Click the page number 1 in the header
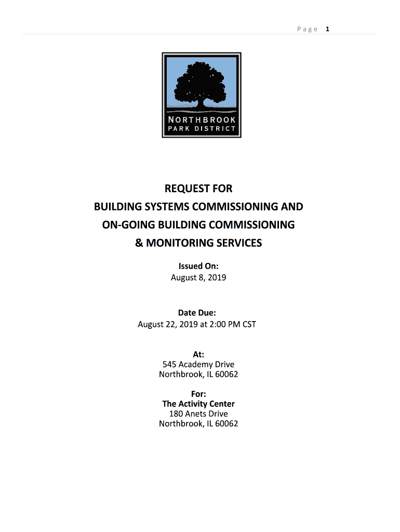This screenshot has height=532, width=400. click(328, 29)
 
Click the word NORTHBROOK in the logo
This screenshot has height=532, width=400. click(201, 119)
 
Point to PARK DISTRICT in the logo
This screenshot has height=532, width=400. click(201, 128)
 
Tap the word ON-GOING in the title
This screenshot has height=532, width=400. click(121, 224)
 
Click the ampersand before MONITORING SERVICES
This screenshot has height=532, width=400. click(139, 243)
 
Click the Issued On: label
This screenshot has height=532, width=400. click(198, 267)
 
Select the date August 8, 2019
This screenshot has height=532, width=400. click(198, 277)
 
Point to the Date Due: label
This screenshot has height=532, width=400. click(197, 313)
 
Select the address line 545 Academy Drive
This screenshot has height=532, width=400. click(198, 364)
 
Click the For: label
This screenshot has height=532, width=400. click(198, 394)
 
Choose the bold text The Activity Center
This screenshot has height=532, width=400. click(198, 404)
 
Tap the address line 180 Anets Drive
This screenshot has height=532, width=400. click(198, 414)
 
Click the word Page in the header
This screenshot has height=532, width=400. click(307, 29)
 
